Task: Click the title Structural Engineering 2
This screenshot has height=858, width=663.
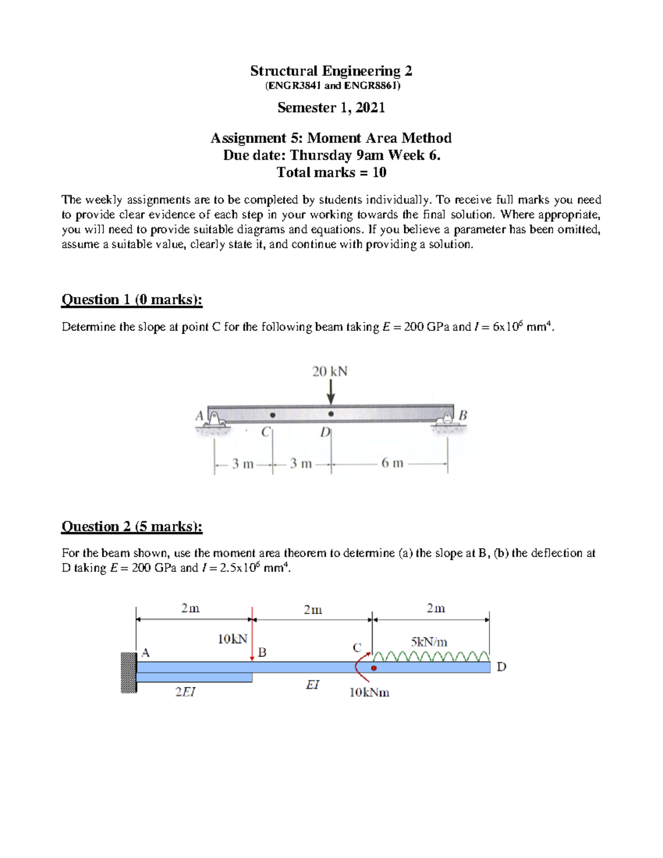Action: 331,71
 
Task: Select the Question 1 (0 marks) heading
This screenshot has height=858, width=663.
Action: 131,299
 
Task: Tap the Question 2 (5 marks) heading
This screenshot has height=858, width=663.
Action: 131,527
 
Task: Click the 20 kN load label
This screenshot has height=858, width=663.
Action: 330,371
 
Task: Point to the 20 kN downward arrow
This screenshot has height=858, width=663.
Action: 330,393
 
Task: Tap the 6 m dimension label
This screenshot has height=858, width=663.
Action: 392,463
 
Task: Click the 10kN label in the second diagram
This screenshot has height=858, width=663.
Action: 233,639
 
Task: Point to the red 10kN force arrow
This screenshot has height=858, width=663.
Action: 252,635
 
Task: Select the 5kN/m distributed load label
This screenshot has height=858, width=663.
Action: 429,642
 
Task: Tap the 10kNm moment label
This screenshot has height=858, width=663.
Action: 369,692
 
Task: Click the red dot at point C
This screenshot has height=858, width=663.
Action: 374,668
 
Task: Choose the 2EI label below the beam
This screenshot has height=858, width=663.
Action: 185,692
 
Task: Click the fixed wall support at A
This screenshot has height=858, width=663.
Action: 129,672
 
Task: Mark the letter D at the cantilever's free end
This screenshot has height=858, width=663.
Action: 501,667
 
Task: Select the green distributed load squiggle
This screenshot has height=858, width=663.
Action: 431,656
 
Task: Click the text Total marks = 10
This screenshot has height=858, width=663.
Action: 331,172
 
